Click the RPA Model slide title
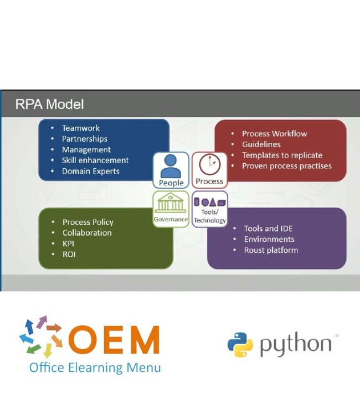pyautogui.click(x=49, y=104)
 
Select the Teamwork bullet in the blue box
pyautogui.click(x=81, y=128)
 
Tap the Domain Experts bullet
pyautogui.click(x=90, y=171)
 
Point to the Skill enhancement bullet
pyautogui.click(x=95, y=160)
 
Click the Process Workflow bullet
pyautogui.click(x=274, y=133)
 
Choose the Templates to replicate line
pyautogui.click(x=282, y=155)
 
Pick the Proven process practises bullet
pyautogui.click(x=286, y=165)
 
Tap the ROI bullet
pyautogui.click(x=69, y=254)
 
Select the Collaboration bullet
pyautogui.click(x=87, y=232)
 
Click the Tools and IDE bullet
pyautogui.click(x=268, y=229)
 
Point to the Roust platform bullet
pyautogui.click(x=271, y=250)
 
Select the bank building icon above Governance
pyautogui.click(x=171, y=203)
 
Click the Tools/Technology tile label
pyautogui.click(x=210, y=217)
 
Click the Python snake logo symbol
pyautogui.click(x=240, y=345)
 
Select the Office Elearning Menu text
pyautogui.click(x=95, y=367)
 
